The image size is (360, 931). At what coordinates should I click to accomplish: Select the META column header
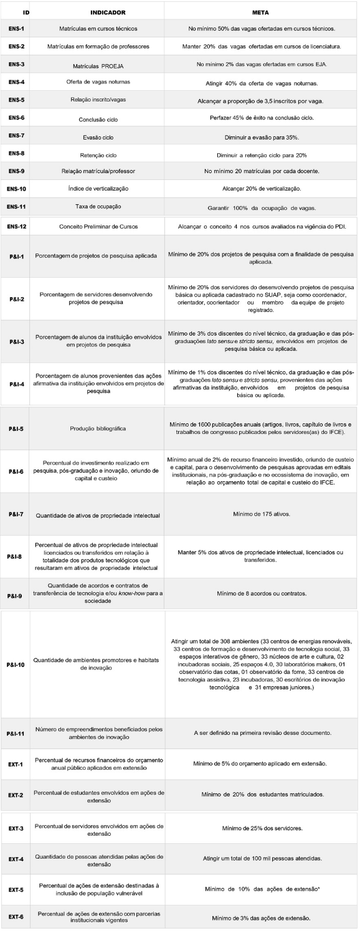click(262, 11)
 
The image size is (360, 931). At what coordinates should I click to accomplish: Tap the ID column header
click(26, 11)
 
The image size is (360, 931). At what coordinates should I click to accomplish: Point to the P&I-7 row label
click(17, 515)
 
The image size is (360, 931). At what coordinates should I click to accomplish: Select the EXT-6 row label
click(17, 917)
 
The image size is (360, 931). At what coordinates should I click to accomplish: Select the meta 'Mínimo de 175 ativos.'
click(261, 515)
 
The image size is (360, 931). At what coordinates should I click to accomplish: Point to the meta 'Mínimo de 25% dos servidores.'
click(261, 828)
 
